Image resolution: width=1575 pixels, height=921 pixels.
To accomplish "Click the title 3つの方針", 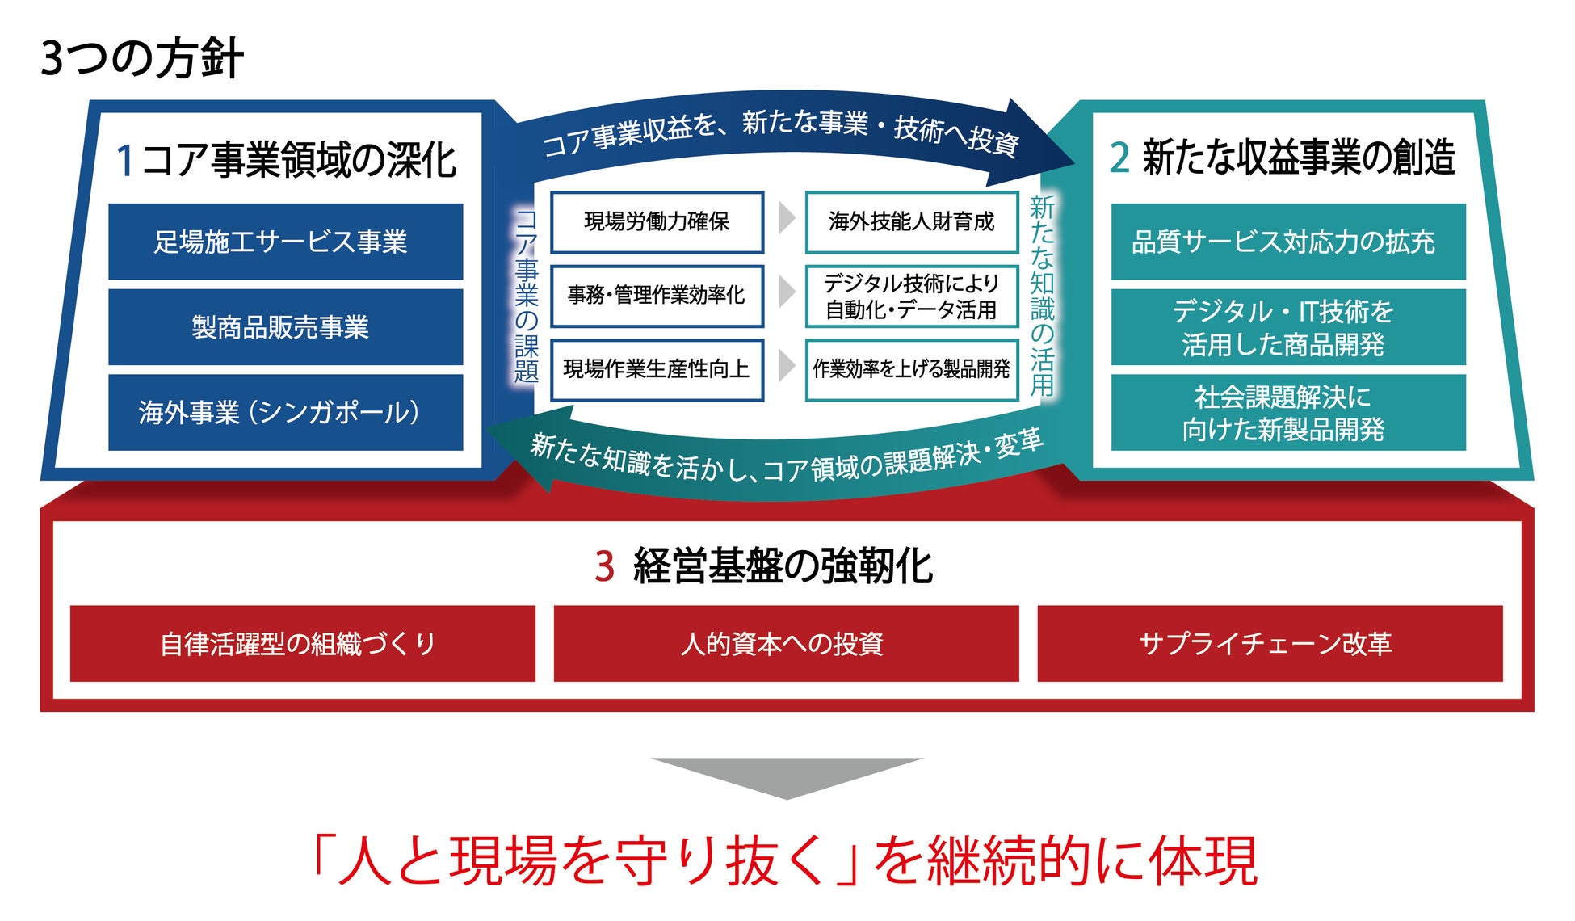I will coord(141,58).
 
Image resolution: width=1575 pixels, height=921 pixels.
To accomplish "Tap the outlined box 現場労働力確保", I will coord(657,221).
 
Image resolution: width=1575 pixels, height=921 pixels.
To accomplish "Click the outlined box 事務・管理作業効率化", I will coord(657,295).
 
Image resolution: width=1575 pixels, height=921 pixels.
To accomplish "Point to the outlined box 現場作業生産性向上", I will coord(657,369).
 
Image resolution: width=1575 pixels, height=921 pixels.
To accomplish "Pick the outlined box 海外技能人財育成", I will coord(911,221).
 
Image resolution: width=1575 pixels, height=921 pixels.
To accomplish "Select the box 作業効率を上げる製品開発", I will coord(911,369).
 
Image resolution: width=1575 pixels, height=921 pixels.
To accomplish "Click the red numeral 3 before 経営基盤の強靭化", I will coord(604,566).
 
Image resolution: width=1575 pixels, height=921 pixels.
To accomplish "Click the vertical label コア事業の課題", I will coord(527,296).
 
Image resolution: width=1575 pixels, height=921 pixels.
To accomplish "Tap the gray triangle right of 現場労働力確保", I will coord(786,218).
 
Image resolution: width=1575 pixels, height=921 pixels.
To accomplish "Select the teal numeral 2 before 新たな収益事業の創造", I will coord(1119,158).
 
